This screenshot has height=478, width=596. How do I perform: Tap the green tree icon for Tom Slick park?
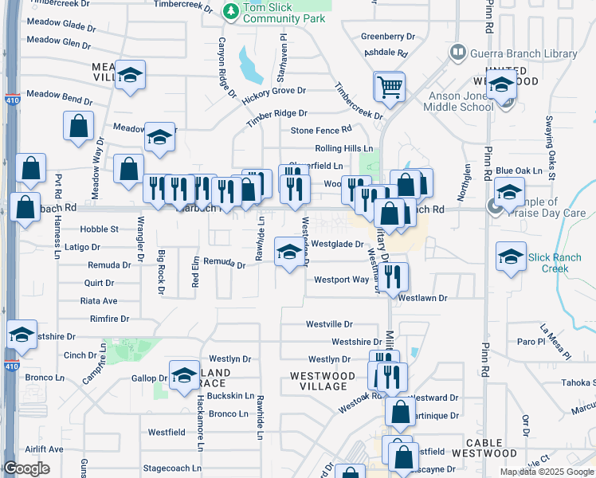(x=231, y=11)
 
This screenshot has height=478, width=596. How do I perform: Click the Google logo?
(x=27, y=468)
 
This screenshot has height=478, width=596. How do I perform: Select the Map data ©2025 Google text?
(x=547, y=472)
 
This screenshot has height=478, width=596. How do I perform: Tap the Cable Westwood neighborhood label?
(x=484, y=448)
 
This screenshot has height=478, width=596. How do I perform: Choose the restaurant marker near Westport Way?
(x=391, y=276)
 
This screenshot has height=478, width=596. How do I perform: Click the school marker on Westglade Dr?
(x=288, y=252)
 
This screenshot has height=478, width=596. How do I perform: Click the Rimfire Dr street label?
(x=110, y=319)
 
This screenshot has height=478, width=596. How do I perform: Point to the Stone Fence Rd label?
(x=321, y=130)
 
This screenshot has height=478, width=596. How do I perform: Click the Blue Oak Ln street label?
(x=519, y=170)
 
